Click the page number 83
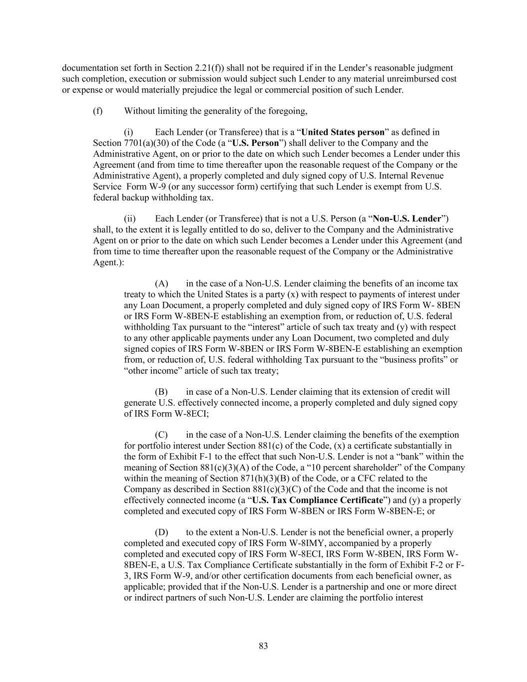point(263,646)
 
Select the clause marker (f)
point(97,111)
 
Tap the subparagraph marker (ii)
point(129,219)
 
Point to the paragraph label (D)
point(161,533)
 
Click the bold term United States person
point(343,132)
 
